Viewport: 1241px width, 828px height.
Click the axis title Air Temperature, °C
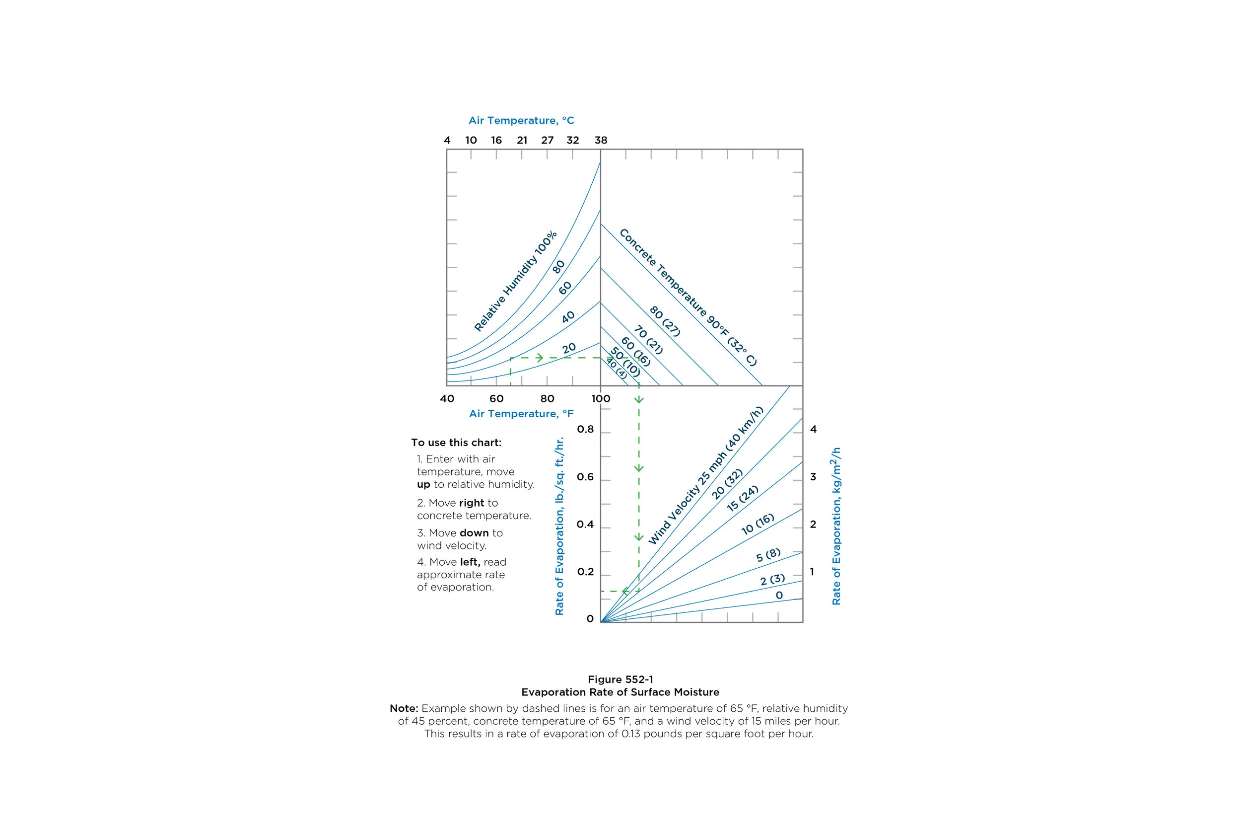pos(521,120)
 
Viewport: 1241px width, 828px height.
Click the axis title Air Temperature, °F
pos(521,413)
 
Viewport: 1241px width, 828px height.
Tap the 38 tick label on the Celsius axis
pos(601,140)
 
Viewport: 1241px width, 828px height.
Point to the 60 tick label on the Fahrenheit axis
pos(496,399)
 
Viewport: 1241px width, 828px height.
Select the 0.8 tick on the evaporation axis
pos(585,429)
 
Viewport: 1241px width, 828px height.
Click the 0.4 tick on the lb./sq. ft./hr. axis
pos(585,525)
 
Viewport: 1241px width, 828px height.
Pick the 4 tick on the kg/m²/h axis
pos(813,429)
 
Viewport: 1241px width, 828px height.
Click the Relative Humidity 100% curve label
pos(515,281)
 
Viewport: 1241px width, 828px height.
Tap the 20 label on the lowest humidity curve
pos(569,349)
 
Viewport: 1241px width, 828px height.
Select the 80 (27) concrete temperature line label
pos(665,321)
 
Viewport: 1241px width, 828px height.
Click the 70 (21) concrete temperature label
pos(648,340)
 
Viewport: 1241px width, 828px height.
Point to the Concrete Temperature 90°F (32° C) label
pos(688,298)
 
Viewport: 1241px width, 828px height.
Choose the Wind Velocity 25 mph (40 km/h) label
pos(705,475)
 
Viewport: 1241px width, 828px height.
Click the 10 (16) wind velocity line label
pos(758,524)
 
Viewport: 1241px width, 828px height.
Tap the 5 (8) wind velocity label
pos(768,555)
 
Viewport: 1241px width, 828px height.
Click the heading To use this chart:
pos(456,443)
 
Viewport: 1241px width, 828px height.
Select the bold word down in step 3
pos(475,533)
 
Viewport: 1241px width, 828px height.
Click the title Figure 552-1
pos(620,679)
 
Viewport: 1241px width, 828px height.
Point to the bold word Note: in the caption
pos(404,708)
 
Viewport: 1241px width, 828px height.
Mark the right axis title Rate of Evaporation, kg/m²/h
pos(836,526)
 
